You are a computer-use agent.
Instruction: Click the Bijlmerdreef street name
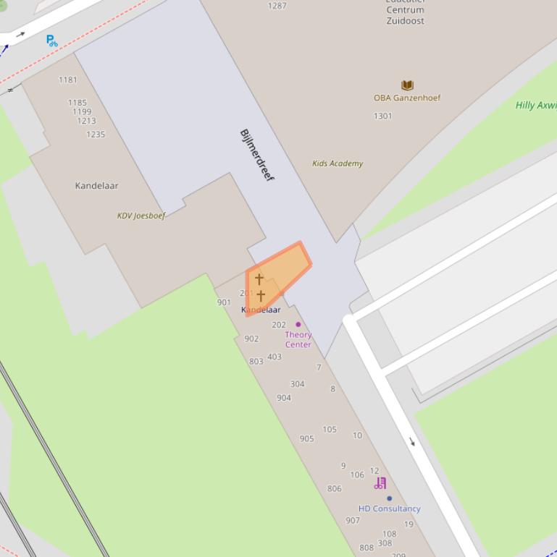256,155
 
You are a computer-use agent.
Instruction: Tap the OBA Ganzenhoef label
406,98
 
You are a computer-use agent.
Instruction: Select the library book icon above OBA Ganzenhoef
407,85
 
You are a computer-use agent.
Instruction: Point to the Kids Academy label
338,163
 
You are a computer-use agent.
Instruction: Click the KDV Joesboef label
141,216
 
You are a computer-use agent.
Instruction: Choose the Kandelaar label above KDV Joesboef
96,186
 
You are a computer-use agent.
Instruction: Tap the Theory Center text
298,339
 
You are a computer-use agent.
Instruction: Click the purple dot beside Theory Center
298,325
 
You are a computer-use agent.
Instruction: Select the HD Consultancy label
389,509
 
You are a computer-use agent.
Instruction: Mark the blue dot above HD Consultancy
389,498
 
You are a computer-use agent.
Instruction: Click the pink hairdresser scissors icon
380,483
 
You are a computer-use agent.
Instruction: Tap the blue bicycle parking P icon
51,41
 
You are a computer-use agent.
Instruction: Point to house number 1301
383,116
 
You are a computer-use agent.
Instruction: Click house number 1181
67,80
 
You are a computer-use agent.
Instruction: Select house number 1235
96,135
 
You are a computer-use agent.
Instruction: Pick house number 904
284,398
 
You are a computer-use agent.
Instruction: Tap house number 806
334,489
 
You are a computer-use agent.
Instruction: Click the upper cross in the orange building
259,279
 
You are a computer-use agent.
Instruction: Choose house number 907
353,520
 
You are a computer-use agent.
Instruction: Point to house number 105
330,430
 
